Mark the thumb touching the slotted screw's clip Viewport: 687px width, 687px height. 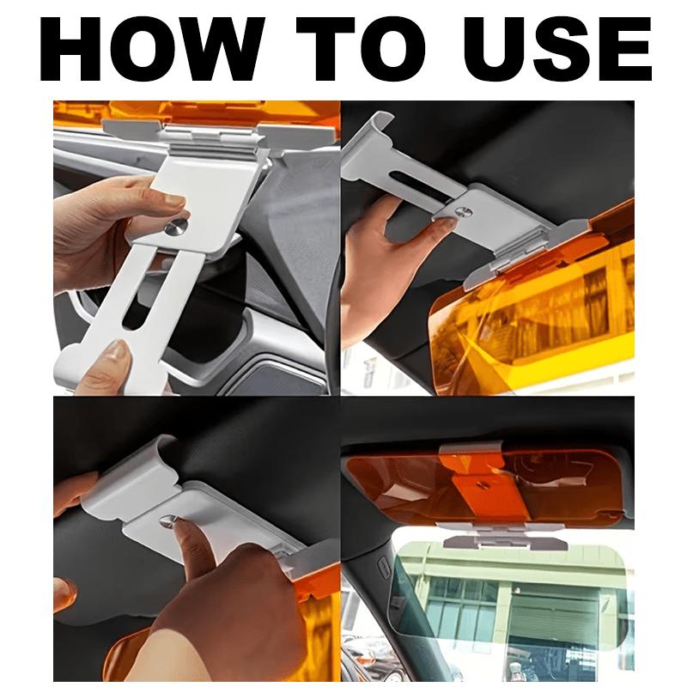click(442, 225)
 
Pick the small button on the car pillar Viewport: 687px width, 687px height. click(380, 565)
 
